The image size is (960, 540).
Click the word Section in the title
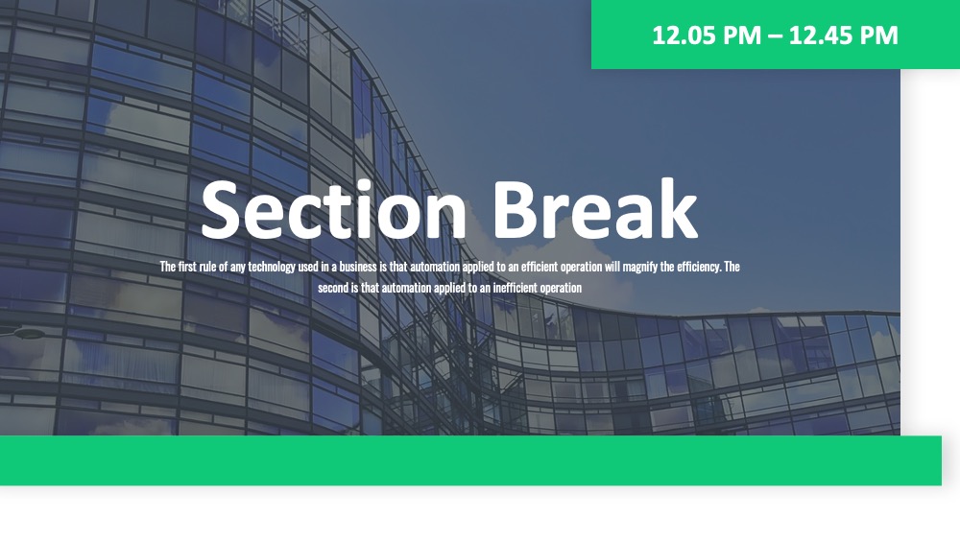tap(334, 210)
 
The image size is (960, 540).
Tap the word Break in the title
tap(594, 208)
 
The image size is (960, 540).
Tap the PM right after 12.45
tap(879, 35)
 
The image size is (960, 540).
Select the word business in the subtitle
tap(358, 267)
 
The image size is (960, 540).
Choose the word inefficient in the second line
tap(515, 288)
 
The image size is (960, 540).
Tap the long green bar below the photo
tap(470, 460)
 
